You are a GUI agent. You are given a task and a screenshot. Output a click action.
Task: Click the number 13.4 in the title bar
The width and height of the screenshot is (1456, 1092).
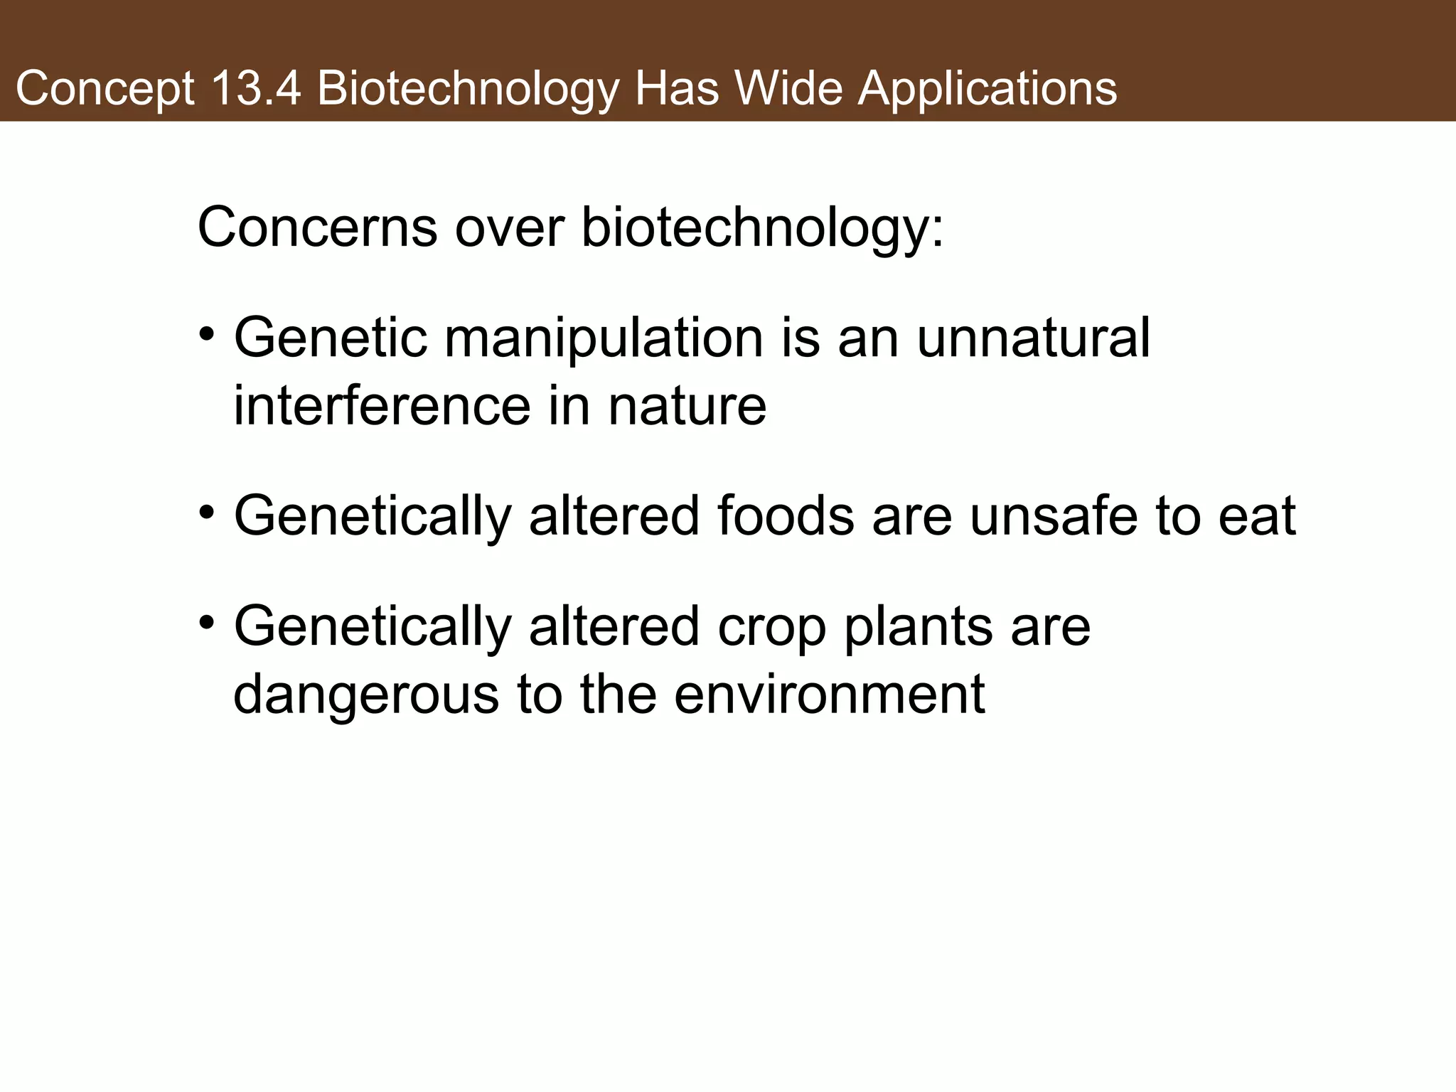click(x=255, y=89)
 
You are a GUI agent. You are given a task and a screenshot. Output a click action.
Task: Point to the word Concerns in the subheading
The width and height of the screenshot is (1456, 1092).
click(x=317, y=228)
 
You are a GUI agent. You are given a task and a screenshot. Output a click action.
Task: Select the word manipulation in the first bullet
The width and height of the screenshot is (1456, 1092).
click(x=604, y=338)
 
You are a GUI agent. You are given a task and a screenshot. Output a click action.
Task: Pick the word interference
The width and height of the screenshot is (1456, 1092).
click(x=382, y=406)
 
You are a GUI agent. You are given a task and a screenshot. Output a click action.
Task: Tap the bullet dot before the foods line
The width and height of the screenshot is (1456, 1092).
click(x=207, y=511)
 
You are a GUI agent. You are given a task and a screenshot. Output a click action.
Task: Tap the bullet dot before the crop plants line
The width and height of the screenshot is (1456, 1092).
click(x=207, y=622)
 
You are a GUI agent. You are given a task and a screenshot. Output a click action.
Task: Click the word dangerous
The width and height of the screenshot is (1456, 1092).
click(x=366, y=696)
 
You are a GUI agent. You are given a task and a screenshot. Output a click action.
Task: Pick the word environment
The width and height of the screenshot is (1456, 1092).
click(x=829, y=695)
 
